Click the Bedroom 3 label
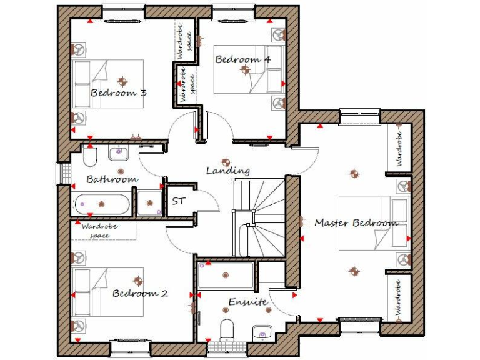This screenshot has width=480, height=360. [119, 93]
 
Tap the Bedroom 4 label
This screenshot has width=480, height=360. [243, 59]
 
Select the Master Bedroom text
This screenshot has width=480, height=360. [356, 222]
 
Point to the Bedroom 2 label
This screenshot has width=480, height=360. [140, 293]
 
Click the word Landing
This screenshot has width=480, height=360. [228, 170]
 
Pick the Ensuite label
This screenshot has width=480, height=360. [247, 302]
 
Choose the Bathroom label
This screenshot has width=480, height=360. [112, 179]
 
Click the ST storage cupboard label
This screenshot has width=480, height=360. [179, 202]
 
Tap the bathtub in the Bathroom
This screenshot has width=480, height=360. [102, 204]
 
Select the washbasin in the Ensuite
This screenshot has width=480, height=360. [261, 332]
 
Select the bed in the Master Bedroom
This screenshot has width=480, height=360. [374, 223]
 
